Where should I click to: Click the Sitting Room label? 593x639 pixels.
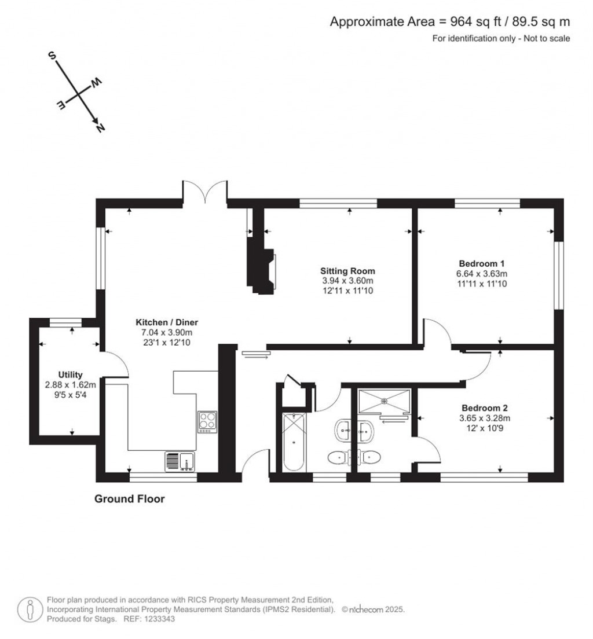[347, 271]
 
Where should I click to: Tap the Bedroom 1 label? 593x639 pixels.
[482, 264]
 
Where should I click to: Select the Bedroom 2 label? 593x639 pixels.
[485, 408]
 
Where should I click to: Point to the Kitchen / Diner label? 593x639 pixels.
[167, 322]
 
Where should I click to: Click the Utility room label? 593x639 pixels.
[70, 374]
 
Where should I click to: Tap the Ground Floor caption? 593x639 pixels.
[130, 499]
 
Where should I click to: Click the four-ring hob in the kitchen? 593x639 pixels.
[207, 422]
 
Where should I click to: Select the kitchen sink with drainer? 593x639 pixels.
[180, 462]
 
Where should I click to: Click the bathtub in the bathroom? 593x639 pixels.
[294, 442]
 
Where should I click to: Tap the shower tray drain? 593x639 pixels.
[384, 401]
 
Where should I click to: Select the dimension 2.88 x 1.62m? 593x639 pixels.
[70, 385]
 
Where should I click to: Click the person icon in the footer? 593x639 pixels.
[30, 609]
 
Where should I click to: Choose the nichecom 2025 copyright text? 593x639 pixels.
[373, 609]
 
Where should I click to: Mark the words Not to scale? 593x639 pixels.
[547, 39]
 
